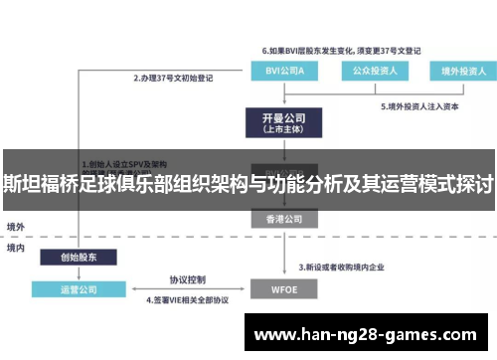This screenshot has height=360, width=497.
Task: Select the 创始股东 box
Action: [x=77, y=257]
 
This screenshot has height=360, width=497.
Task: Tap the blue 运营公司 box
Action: [x=77, y=290]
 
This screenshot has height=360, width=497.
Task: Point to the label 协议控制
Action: [x=187, y=278]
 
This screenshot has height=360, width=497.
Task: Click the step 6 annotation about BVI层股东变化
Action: [x=342, y=49]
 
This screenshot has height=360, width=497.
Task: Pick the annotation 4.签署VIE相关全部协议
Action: [x=188, y=299]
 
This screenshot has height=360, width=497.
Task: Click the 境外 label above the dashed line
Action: [x=16, y=226]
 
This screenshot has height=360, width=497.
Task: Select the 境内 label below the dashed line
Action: [x=16, y=247]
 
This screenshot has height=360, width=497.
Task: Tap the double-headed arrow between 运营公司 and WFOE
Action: [x=187, y=289]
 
